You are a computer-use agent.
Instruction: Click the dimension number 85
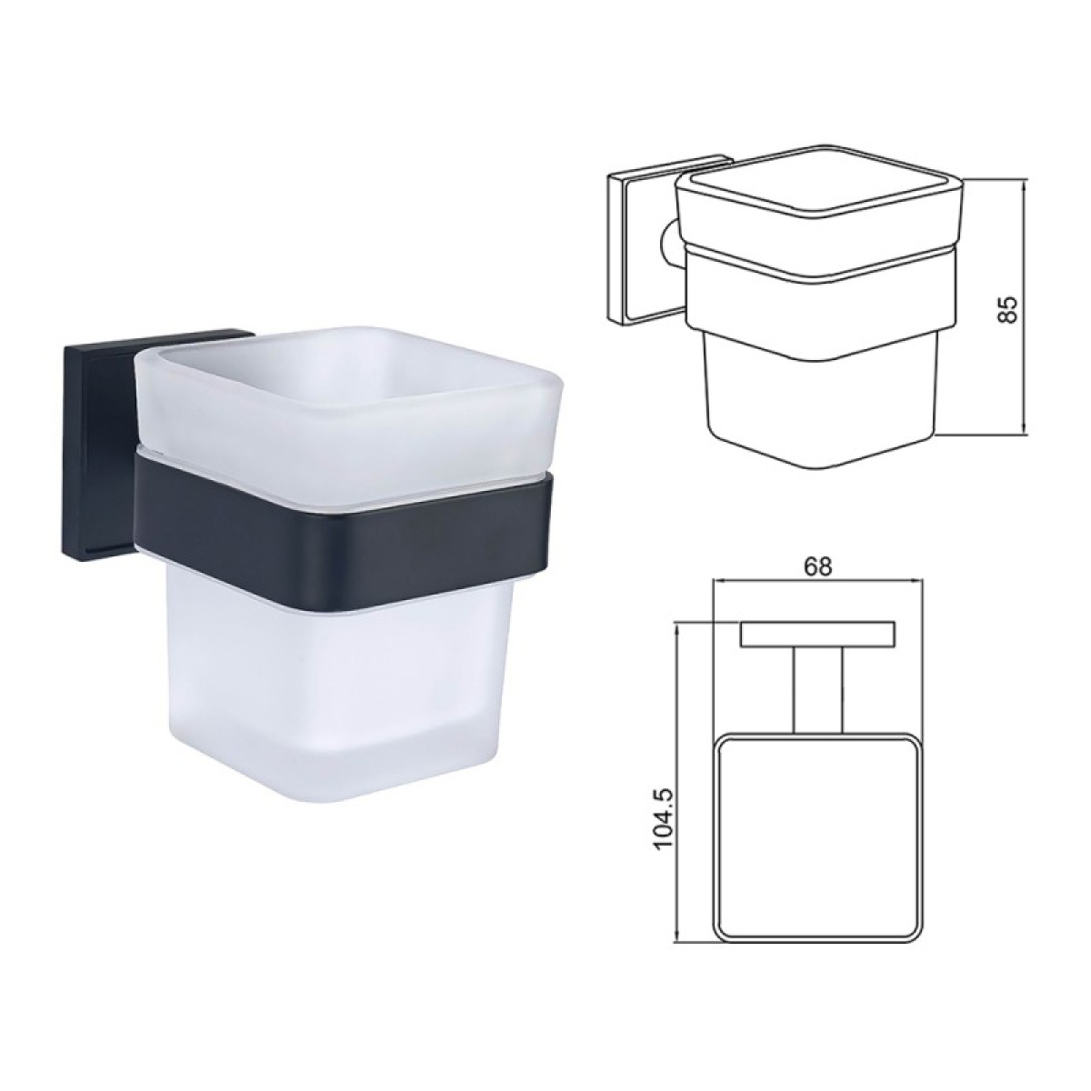click(1009, 308)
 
